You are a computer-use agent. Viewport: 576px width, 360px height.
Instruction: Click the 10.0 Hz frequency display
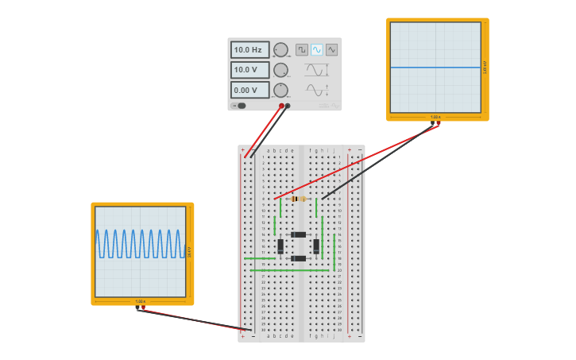tap(249, 49)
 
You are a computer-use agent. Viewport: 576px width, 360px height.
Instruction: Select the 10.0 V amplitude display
tap(249, 70)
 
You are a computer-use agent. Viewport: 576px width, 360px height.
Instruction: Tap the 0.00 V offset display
tap(249, 90)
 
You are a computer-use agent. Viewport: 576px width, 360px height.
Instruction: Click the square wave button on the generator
tap(302, 49)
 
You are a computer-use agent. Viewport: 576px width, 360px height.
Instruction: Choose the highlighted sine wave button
tap(317, 49)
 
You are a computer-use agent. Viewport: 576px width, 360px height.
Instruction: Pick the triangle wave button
tap(331, 49)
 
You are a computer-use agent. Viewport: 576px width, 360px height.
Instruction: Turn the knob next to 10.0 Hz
tap(280, 50)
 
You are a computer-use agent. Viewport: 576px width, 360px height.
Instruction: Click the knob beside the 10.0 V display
tap(280, 70)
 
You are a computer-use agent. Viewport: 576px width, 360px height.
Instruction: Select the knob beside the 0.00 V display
tap(280, 90)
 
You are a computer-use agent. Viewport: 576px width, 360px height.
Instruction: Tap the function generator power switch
tap(239, 106)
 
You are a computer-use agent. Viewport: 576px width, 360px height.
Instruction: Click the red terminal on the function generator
tap(281, 106)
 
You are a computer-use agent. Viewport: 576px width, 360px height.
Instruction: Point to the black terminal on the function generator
tap(288, 106)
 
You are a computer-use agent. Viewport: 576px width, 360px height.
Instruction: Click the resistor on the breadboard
tap(299, 199)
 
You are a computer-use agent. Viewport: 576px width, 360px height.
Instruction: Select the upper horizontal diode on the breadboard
tap(299, 234)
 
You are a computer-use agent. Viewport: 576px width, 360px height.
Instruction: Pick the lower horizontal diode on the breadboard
tap(299, 258)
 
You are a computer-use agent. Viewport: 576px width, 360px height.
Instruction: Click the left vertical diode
tap(280, 246)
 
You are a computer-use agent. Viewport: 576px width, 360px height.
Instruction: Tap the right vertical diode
tap(316, 246)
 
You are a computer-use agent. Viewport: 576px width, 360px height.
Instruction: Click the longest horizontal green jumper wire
tap(290, 270)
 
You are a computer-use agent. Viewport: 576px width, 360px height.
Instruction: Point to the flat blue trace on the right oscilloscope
tap(435, 68)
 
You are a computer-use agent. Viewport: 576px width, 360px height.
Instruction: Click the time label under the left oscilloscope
tap(141, 301)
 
